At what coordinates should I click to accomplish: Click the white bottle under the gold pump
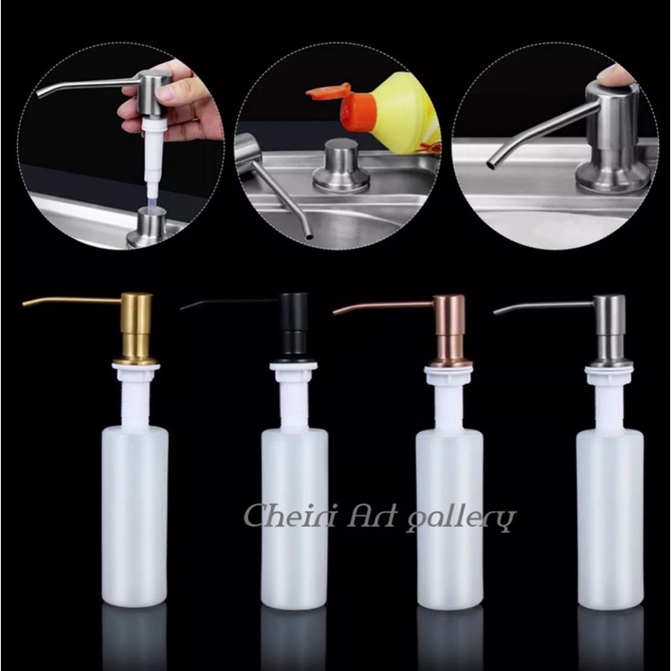[x=135, y=513]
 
